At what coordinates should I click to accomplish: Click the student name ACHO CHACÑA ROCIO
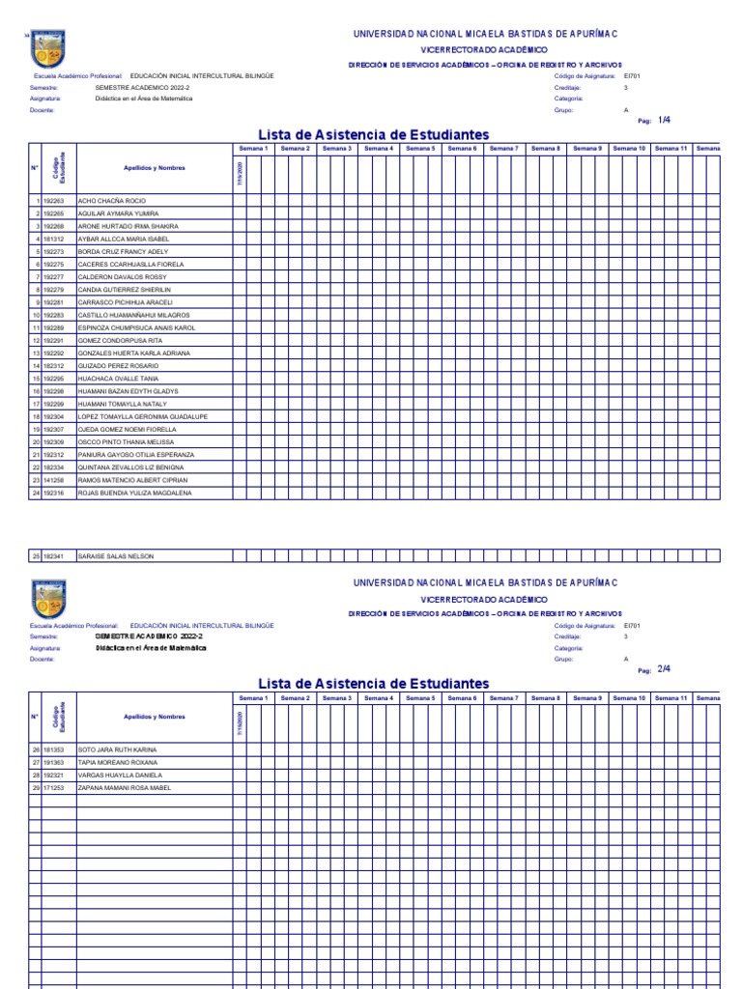point(111,200)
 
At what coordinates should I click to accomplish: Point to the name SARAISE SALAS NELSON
point(115,556)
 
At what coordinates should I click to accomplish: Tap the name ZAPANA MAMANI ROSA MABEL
point(124,788)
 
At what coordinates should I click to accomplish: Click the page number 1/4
point(664,120)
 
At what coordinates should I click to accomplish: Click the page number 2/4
point(664,668)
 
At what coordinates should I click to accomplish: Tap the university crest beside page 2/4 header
point(49,598)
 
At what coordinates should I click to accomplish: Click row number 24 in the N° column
point(35,493)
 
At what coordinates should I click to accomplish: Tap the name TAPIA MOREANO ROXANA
point(117,762)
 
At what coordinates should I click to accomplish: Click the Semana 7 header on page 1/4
point(503,149)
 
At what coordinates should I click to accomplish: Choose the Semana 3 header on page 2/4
point(336,697)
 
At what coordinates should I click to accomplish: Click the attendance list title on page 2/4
point(373,684)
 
